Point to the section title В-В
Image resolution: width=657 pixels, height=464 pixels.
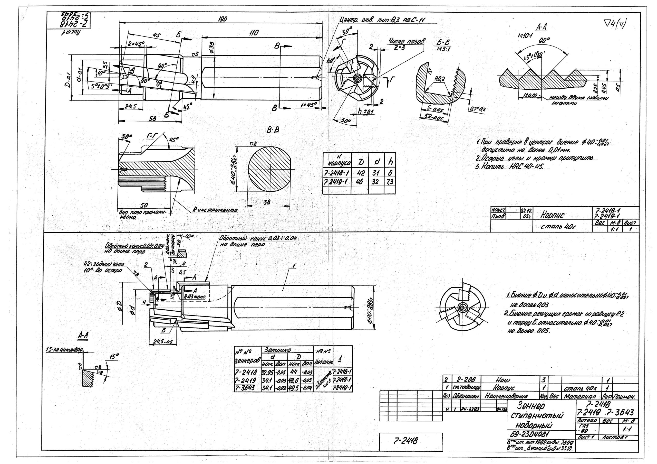273,130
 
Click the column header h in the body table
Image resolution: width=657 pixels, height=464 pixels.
391,162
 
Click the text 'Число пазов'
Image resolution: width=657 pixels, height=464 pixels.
406,42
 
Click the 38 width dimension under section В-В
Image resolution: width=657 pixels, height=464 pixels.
267,202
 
